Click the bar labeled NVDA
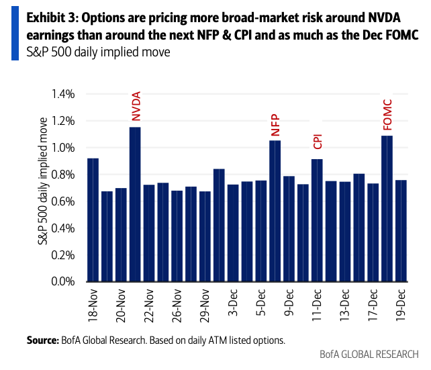(135, 204)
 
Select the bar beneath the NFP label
(275, 211)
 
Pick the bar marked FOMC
(387, 208)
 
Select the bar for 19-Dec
(401, 230)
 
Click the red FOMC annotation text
(387, 114)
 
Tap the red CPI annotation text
(318, 141)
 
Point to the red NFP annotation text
(275, 125)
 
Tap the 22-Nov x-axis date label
(149, 305)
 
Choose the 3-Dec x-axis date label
(233, 303)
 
